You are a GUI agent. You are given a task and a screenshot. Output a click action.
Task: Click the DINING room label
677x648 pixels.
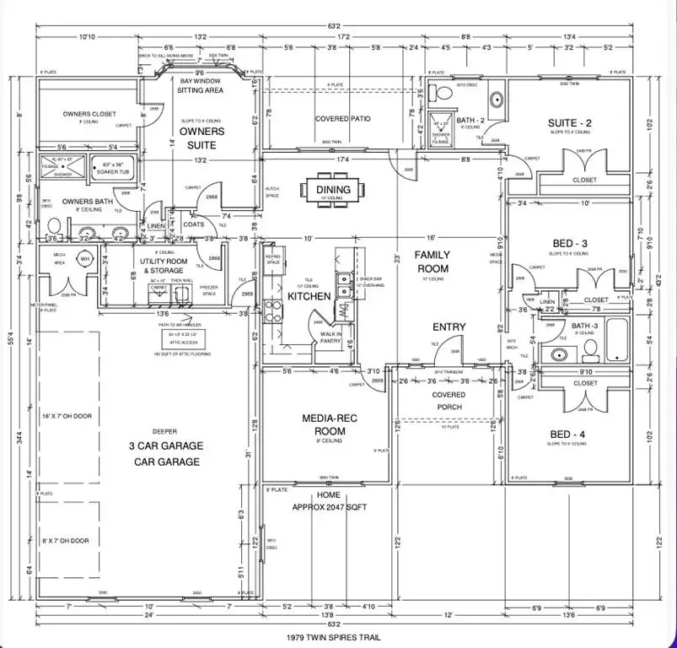point(334,190)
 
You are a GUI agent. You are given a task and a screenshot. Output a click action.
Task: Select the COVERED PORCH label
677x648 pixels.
point(449,401)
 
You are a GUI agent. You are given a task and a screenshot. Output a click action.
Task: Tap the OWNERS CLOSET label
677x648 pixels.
point(89,114)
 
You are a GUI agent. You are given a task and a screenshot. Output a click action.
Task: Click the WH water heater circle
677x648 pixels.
point(84,260)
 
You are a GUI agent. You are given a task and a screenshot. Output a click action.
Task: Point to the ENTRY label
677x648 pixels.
point(449,327)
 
